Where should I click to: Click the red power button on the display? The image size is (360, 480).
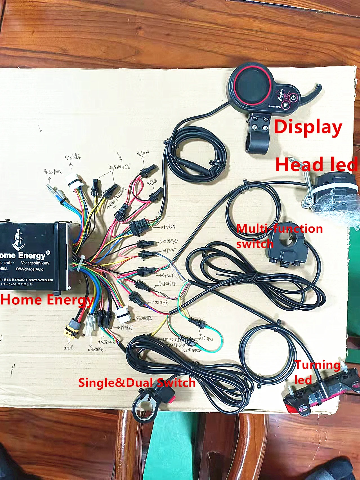click(294, 98)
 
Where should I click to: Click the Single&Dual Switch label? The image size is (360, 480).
click(137, 383)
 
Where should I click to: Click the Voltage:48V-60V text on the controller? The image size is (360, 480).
click(35, 263)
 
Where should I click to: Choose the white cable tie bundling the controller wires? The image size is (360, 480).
click(82, 262)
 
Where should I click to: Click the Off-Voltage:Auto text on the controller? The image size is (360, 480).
click(30, 269)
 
